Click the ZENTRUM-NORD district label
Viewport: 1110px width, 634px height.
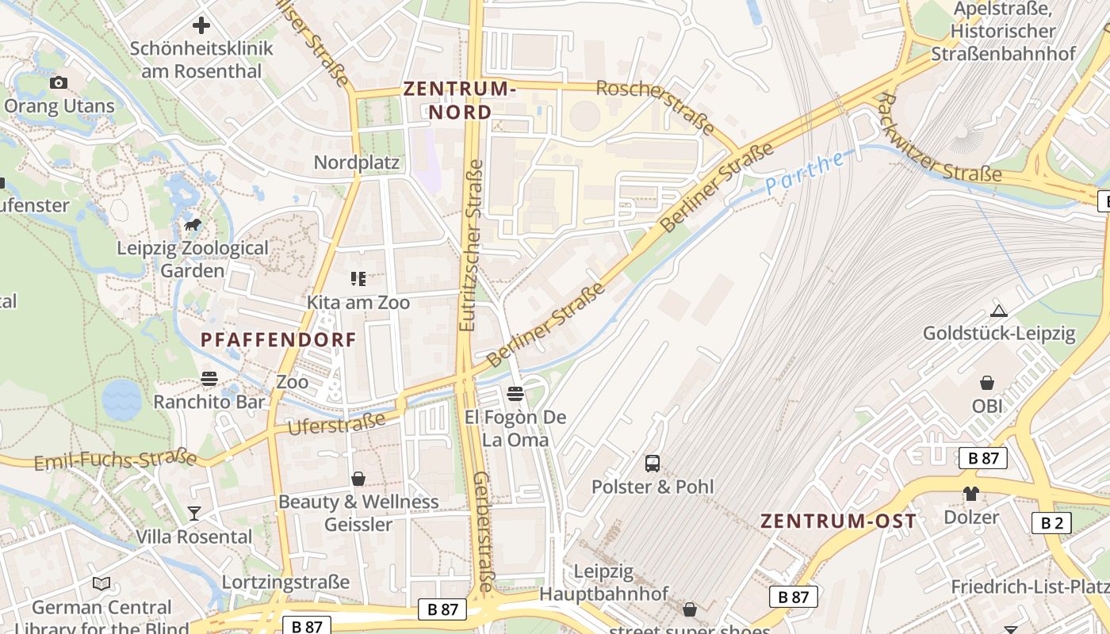click(x=460, y=100)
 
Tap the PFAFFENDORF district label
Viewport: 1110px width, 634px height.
click(x=278, y=340)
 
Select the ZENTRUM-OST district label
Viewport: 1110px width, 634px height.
click(x=838, y=521)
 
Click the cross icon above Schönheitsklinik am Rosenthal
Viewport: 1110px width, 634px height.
click(x=201, y=25)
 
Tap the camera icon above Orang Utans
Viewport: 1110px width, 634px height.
click(x=58, y=82)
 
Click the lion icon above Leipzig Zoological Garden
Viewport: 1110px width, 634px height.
click(x=193, y=226)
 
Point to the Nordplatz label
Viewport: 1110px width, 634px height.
click(x=357, y=162)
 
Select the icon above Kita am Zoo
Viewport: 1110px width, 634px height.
click(x=358, y=279)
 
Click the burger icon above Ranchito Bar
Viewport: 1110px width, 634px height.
click(x=209, y=379)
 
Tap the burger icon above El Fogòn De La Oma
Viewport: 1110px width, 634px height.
click(x=515, y=394)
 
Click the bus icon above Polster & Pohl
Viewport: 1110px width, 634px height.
click(x=653, y=464)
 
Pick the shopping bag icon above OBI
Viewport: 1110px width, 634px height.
click(x=987, y=384)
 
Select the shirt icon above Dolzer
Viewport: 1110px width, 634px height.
click(x=971, y=494)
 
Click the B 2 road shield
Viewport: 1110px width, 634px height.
click(x=1051, y=523)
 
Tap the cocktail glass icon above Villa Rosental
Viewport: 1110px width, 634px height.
click(x=194, y=514)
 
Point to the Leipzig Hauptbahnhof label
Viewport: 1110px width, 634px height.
click(x=604, y=582)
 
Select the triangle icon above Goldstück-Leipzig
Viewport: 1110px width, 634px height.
click(x=999, y=311)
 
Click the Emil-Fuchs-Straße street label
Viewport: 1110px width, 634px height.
click(x=116, y=459)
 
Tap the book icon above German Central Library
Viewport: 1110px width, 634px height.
click(x=101, y=584)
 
